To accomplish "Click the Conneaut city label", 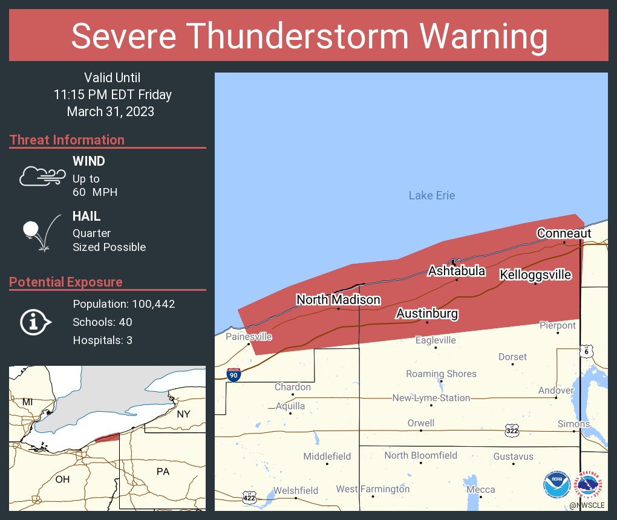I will (564, 233).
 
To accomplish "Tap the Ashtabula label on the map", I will (456, 271).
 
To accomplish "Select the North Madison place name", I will (338, 300).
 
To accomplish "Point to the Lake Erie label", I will (431, 195).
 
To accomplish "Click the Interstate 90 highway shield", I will (233, 374).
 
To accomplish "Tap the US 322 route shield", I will (512, 430).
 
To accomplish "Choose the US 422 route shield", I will (249, 497).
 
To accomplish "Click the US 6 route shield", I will (586, 351).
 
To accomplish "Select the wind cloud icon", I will (42, 175).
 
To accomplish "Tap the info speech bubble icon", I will (36, 322).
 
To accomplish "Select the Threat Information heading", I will (67, 140).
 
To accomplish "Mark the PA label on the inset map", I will (163, 471).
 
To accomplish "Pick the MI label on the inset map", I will (27, 402).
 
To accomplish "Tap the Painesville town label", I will (249, 337).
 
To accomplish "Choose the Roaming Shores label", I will (441, 374).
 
